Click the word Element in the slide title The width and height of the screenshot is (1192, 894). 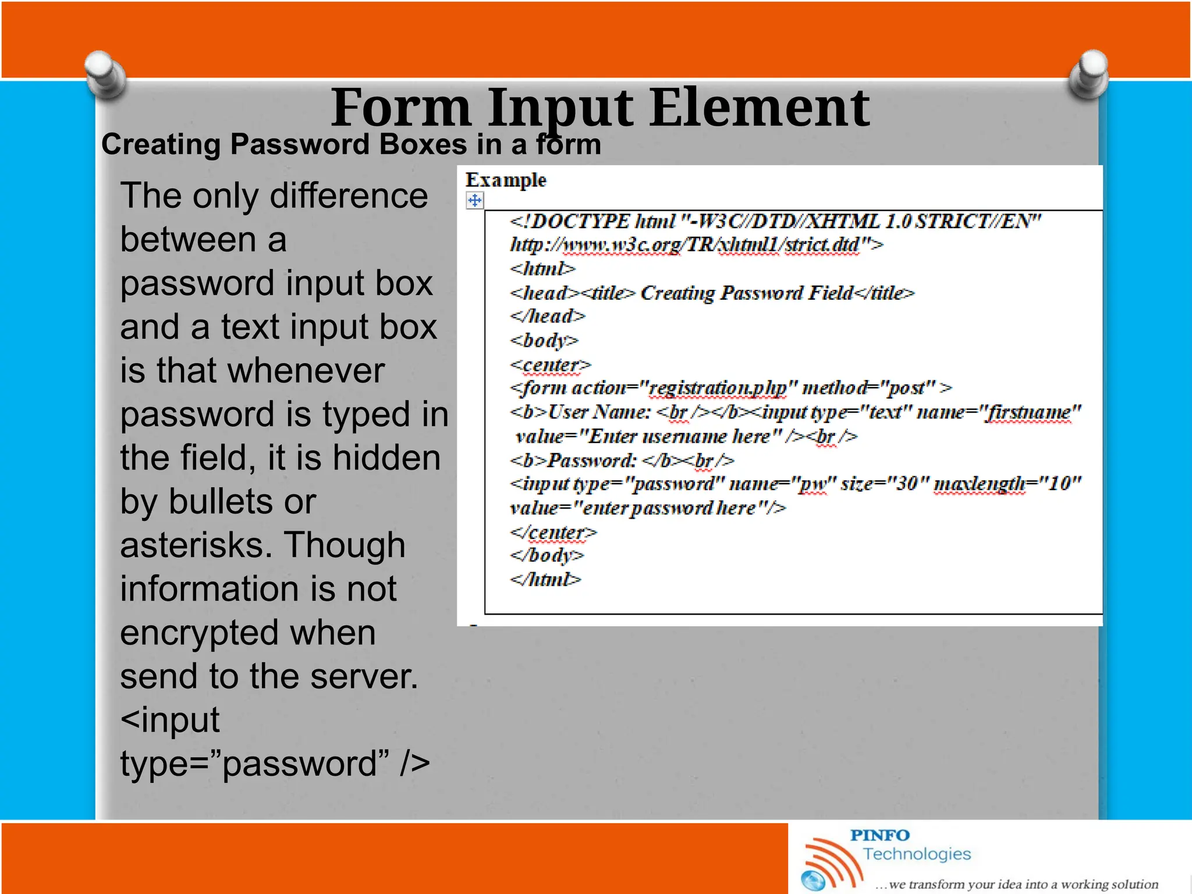pyautogui.click(x=759, y=108)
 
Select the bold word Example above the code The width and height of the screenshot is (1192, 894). pyautogui.click(x=506, y=180)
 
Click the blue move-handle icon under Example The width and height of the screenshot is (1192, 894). pyautogui.click(x=475, y=201)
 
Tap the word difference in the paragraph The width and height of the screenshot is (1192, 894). pyautogui.click(x=349, y=196)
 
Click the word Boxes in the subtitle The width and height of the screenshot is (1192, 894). pyautogui.click(x=423, y=144)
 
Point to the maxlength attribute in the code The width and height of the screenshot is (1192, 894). pyautogui.click(x=980, y=484)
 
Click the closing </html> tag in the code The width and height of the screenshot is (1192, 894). pyautogui.click(x=545, y=580)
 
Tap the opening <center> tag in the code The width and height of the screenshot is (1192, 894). pyautogui.click(x=551, y=365)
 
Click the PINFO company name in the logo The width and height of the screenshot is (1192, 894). pyautogui.click(x=879, y=835)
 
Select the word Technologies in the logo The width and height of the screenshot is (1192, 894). pyautogui.click(x=917, y=854)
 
